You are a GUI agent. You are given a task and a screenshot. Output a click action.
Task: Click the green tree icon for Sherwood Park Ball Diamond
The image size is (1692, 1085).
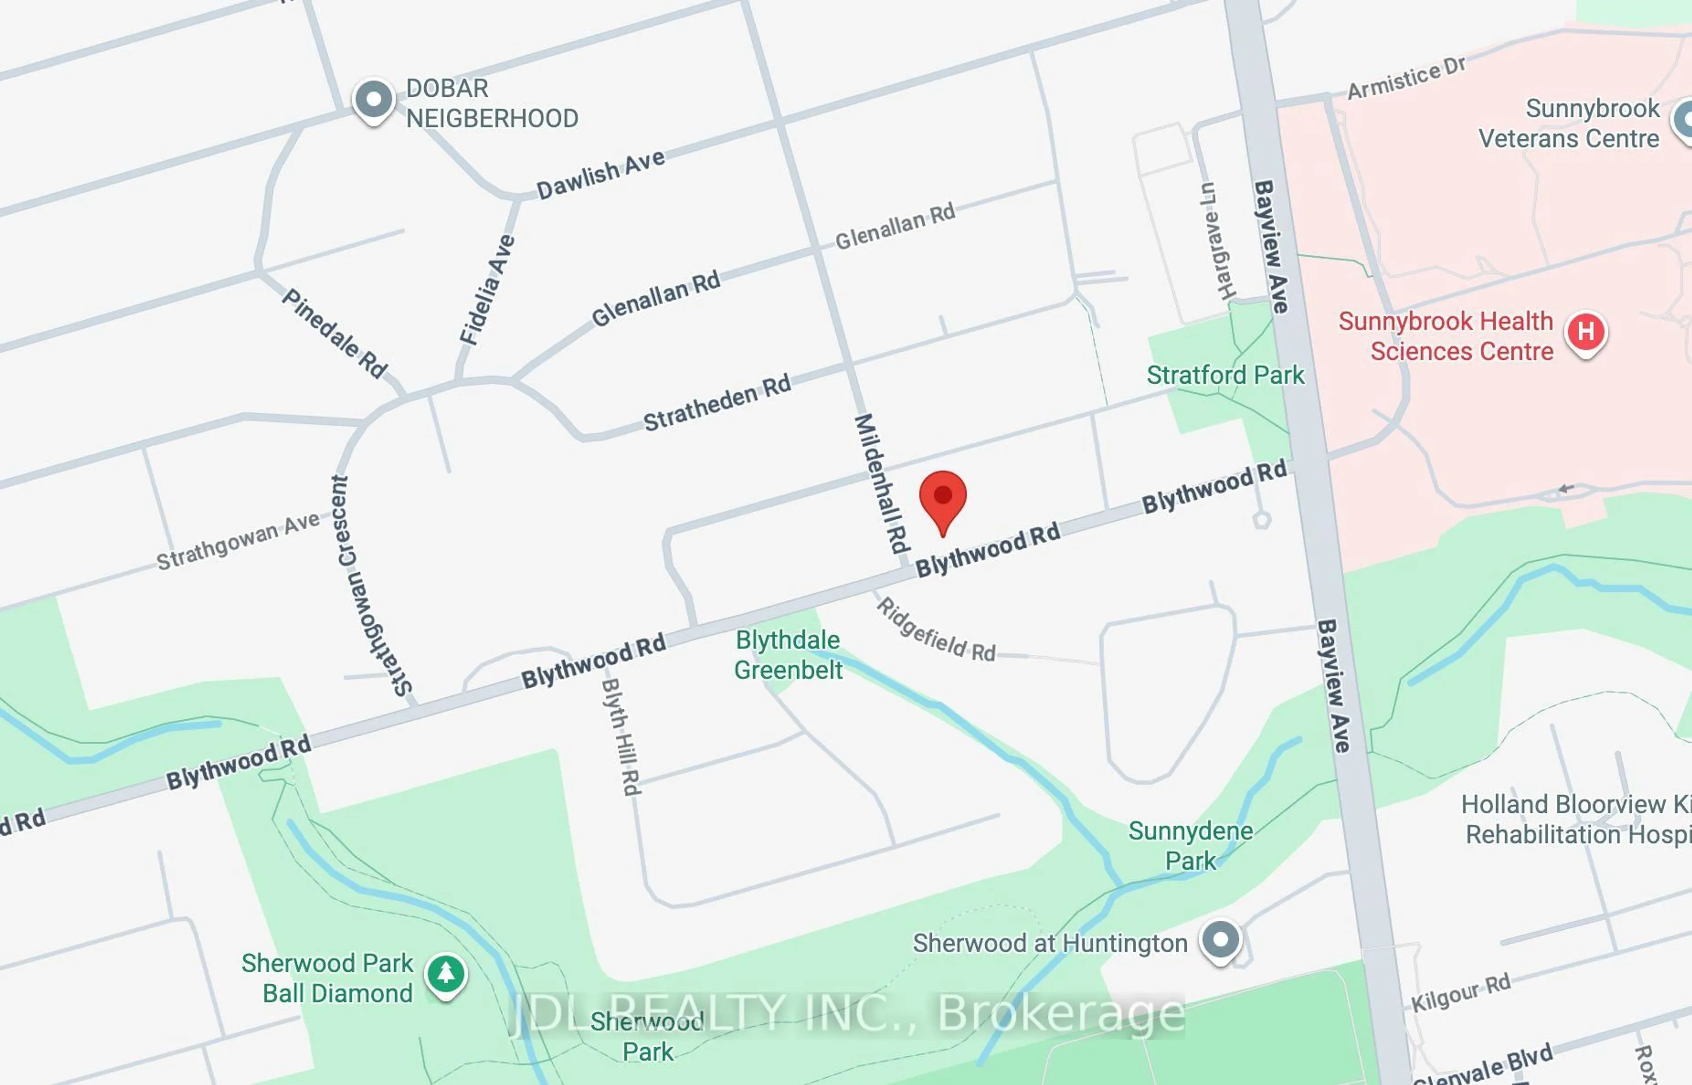pos(445,974)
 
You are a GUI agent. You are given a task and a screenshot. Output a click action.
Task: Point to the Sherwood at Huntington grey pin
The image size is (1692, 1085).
pos(1221,940)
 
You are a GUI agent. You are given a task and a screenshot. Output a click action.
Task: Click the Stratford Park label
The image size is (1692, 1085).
pos(1225,375)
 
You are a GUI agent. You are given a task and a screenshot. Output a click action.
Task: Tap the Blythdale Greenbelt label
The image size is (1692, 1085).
pos(788,655)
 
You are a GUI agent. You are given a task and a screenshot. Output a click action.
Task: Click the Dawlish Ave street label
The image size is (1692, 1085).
pos(601,174)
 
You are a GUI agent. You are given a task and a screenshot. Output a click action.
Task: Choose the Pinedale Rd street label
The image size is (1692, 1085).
pos(335,333)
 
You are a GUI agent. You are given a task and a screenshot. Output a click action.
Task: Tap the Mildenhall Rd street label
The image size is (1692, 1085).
pos(882,483)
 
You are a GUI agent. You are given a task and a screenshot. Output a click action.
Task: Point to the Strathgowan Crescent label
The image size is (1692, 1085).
pos(371,585)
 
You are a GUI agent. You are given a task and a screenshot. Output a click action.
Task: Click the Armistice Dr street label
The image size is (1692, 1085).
pos(1406,78)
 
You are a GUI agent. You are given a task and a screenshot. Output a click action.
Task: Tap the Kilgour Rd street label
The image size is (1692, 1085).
pos(1460,992)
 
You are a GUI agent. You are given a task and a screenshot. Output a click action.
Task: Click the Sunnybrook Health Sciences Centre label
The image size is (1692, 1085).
pos(1446,336)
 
